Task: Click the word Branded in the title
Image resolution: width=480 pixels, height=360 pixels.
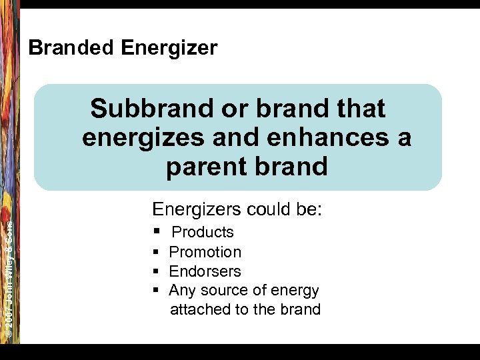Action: point(71,48)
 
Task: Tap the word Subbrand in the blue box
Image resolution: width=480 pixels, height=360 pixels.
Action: point(157,108)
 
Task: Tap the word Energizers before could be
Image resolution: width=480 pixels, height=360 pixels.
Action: point(197,209)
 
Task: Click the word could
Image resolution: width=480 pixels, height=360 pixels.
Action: point(268,209)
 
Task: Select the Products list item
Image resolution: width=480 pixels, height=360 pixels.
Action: point(203,232)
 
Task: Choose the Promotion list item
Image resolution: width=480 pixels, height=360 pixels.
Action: point(205,252)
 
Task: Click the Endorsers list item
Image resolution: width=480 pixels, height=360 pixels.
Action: point(205,271)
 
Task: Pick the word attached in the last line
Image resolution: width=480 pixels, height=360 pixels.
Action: point(197,309)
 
